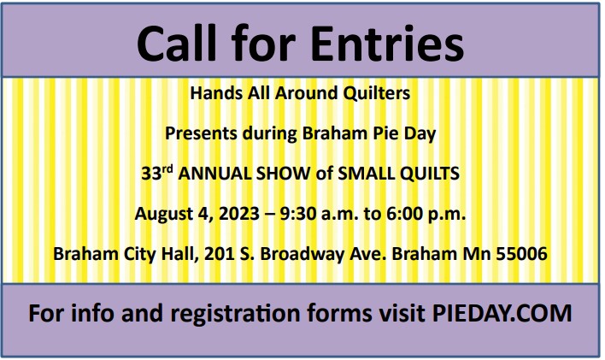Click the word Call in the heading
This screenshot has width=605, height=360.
177,43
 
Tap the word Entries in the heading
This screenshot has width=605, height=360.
387,43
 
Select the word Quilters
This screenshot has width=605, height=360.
377,93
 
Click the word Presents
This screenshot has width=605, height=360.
201,133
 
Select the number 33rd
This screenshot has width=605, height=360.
157,173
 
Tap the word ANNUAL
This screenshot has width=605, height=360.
215,174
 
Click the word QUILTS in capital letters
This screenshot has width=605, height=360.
430,174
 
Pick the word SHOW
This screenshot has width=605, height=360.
284,174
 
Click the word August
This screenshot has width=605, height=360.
164,214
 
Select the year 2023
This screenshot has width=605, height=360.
239,214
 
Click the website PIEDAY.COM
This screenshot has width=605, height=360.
502,313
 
